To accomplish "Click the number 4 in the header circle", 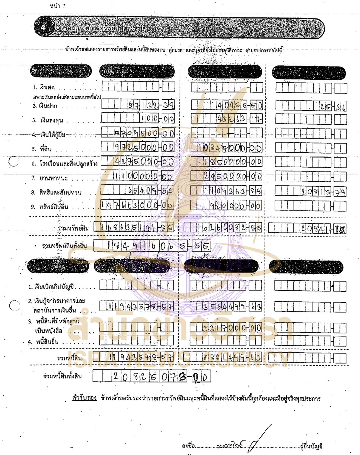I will tap(43, 28).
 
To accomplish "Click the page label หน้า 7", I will tap(58, 6).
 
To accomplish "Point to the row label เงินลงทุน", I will tap(51, 120).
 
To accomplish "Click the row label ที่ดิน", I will tap(46, 149).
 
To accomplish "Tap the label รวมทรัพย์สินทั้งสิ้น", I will tap(64, 246).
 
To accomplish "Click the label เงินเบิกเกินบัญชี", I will tap(54, 287).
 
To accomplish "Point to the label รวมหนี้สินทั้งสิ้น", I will tap(62, 376).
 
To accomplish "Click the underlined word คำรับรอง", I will tap(84, 398).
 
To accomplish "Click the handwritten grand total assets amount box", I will tap(152, 246).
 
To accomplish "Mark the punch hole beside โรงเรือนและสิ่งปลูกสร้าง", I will tap(14, 162).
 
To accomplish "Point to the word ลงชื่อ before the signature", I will tap(188, 446).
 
